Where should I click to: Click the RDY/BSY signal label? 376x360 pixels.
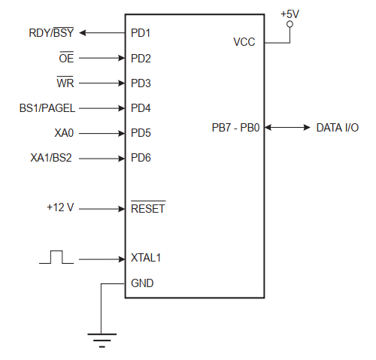point(51,32)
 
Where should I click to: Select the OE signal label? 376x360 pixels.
point(66,58)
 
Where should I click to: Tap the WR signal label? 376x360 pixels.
point(65,83)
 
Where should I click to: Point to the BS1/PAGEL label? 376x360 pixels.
point(47,108)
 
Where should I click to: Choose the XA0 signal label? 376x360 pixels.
point(64,133)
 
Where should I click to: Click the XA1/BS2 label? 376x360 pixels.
point(51,158)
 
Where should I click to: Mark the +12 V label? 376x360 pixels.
point(60,207)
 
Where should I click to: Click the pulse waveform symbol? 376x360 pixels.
point(56,257)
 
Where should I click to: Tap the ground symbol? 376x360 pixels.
point(102,340)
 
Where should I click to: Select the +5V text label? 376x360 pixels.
point(290,14)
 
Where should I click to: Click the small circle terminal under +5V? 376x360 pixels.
point(290,24)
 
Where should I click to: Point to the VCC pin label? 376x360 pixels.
point(244,42)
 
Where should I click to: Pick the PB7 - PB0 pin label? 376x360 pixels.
point(235,128)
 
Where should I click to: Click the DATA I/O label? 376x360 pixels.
point(338,128)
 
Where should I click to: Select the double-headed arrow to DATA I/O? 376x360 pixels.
point(287,128)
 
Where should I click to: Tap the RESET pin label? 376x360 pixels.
point(148,207)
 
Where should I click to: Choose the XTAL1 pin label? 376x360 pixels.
point(146,258)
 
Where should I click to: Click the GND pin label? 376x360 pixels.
point(142,283)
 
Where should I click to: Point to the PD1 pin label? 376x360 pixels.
point(141,33)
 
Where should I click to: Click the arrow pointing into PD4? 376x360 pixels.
point(102,108)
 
